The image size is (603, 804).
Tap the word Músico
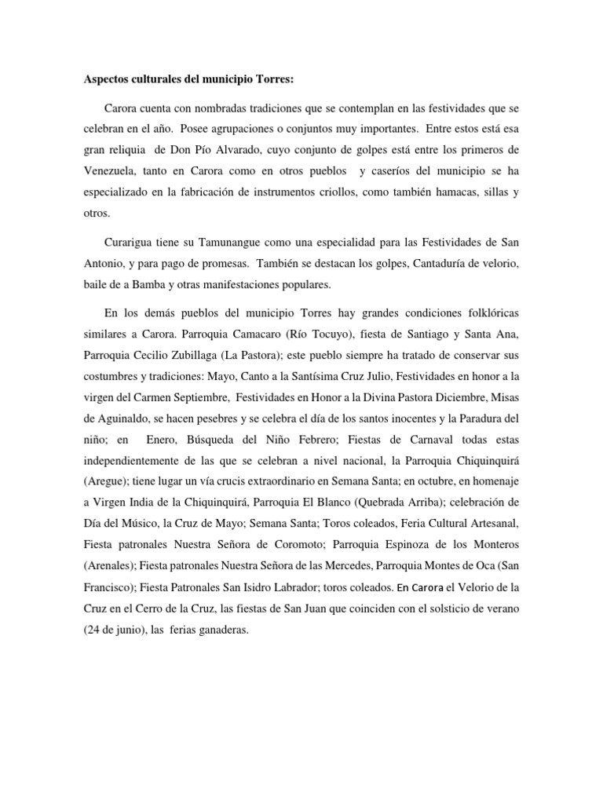click(134, 524)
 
